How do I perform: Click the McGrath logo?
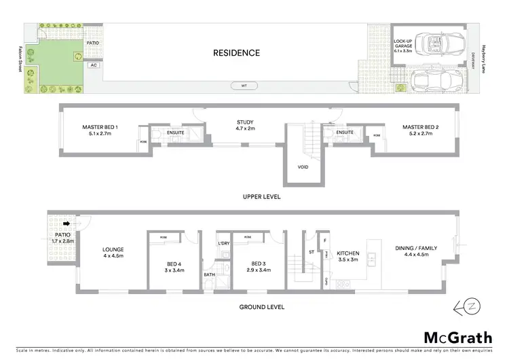click(x=458, y=338)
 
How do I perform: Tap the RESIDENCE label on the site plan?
click(x=236, y=52)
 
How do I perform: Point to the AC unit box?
click(x=93, y=66)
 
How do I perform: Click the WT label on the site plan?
click(x=242, y=86)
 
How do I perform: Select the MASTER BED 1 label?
click(x=100, y=130)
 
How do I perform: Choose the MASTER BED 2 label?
click(x=421, y=130)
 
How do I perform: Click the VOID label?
click(x=303, y=166)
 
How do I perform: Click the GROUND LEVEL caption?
click(x=261, y=307)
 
